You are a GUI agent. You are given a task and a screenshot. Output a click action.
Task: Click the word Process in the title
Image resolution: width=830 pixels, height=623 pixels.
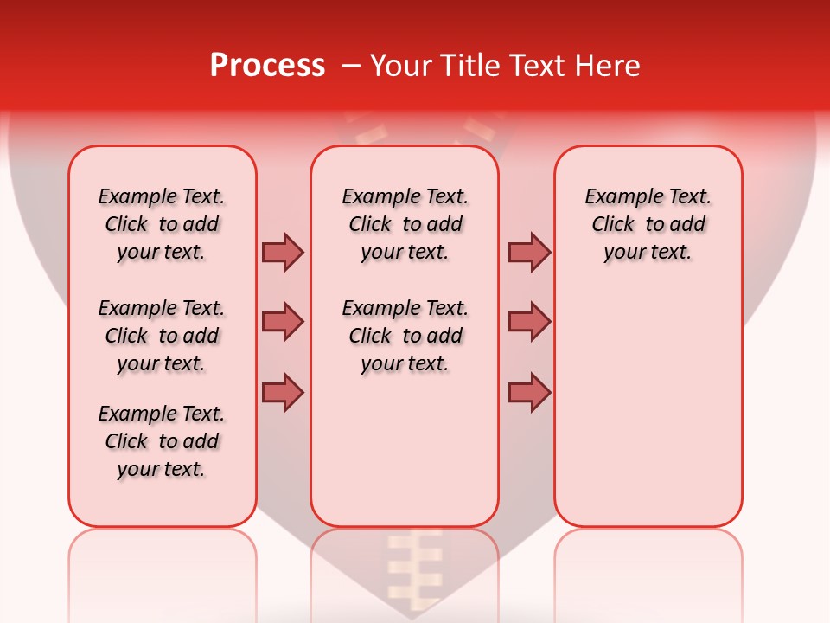click(267, 66)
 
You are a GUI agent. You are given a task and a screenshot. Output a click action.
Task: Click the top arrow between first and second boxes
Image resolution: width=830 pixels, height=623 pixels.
click(283, 252)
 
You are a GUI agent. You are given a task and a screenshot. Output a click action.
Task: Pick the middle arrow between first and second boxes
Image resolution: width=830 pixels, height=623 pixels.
click(283, 322)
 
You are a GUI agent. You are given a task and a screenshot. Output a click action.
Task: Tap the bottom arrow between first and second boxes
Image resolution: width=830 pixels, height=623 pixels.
click(283, 392)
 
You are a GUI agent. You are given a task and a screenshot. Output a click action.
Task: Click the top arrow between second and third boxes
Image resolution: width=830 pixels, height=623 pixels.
click(529, 252)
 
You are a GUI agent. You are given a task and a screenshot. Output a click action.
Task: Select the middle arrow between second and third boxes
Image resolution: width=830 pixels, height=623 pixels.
click(529, 322)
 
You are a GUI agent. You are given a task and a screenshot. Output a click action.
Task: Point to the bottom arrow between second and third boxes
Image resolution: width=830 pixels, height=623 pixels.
click(529, 392)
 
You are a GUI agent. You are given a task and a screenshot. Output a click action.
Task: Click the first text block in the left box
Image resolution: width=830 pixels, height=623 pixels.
click(162, 224)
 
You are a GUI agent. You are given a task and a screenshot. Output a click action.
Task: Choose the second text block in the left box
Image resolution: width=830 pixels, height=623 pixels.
click(162, 336)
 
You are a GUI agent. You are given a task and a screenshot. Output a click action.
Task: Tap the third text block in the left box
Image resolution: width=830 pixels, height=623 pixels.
click(162, 441)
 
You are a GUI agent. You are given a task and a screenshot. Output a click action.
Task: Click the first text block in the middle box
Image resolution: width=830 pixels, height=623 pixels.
click(405, 224)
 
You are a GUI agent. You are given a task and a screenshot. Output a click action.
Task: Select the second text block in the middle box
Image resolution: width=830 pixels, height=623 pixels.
click(405, 336)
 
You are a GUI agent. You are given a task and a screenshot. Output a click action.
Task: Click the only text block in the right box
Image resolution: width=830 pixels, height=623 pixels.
click(648, 224)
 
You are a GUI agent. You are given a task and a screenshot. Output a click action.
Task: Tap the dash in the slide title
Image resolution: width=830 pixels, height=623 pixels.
click(351, 66)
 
